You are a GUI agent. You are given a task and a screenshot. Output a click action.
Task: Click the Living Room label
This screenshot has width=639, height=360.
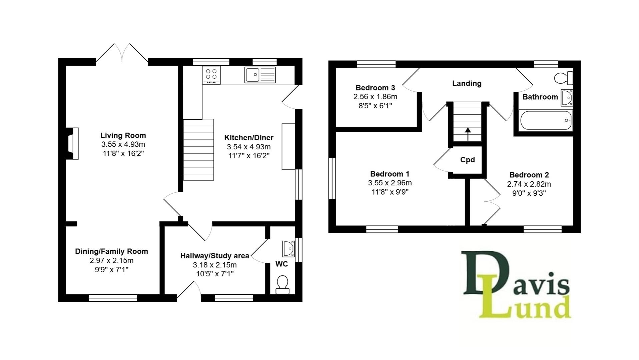(123, 135)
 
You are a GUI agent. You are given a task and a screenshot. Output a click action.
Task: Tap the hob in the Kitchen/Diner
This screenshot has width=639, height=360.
(211, 75)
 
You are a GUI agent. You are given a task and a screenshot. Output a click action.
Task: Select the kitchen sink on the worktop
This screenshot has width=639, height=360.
(260, 75)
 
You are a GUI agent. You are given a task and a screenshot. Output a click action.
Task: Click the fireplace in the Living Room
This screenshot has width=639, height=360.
(72, 143)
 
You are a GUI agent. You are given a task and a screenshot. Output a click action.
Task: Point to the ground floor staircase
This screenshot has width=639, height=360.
(198, 150)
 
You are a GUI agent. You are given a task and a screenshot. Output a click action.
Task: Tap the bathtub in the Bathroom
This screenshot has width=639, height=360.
(546, 120)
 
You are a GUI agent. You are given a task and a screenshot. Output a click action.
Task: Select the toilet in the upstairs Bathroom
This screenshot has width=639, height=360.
(564, 78)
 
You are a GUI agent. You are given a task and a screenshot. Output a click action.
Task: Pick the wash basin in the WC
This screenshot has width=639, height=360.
(288, 249)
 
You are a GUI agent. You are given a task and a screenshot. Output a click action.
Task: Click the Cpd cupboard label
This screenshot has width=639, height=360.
(467, 160)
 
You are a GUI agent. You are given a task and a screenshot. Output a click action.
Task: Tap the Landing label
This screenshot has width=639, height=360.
(467, 83)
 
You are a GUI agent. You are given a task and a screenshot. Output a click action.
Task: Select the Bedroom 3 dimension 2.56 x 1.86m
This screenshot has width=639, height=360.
(375, 97)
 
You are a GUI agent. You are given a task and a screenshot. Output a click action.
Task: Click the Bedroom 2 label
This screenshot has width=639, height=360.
(529, 175)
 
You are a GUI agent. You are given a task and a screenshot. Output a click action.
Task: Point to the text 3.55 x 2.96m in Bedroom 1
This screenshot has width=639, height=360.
(390, 183)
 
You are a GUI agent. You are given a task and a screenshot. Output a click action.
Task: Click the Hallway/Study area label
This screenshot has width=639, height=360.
(215, 256)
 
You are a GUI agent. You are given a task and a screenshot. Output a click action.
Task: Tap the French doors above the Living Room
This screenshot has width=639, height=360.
(122, 53)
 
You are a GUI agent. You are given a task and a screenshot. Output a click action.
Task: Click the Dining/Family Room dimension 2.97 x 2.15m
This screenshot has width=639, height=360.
(111, 260)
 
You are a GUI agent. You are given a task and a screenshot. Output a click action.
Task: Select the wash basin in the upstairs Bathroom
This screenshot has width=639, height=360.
(567, 97)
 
